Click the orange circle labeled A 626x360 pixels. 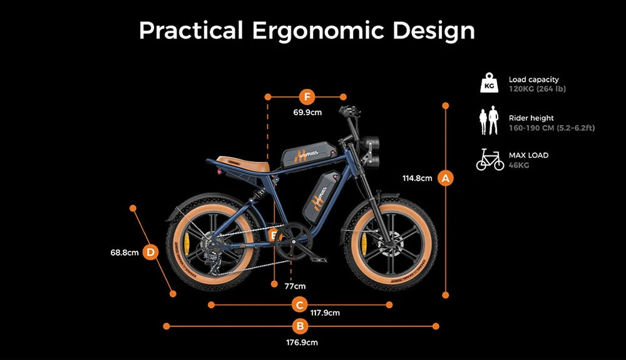446,178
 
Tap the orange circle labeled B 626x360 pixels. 300,326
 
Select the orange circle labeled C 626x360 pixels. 300,305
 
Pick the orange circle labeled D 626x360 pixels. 151,252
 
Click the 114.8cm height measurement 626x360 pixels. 417,178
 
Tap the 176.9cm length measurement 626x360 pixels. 301,342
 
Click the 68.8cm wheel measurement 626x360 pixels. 124,253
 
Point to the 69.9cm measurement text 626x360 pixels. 307,113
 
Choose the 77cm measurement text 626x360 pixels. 295,286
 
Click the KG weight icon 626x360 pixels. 490,83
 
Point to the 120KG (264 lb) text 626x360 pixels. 537,89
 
